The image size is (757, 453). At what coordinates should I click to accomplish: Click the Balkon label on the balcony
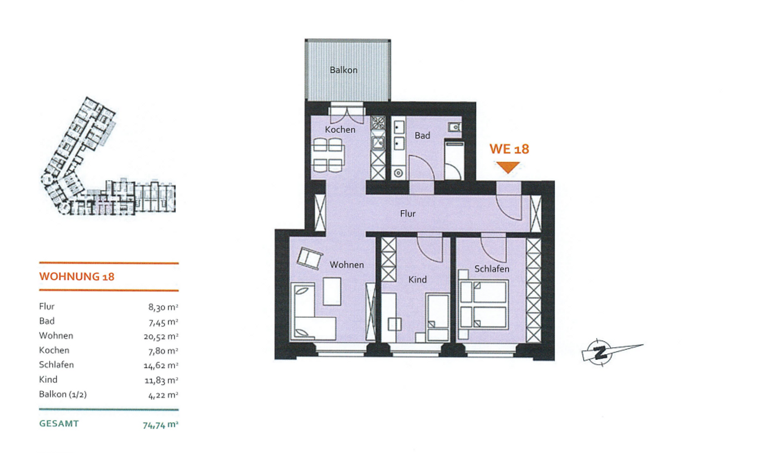coord(343,70)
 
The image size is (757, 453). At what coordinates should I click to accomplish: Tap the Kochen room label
coord(340,130)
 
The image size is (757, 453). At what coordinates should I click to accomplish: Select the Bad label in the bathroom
coord(422,136)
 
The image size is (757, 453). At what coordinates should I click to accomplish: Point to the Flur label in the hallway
coord(408,214)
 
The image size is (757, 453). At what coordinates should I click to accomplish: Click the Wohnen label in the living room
coord(347,265)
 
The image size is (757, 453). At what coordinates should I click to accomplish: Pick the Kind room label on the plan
coord(418,280)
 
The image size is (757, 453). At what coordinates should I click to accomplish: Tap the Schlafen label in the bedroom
coord(492,269)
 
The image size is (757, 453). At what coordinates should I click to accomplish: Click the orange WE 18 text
coord(509,149)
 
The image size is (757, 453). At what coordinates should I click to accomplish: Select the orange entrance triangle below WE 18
coord(508,167)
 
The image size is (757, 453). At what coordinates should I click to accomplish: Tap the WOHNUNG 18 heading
coord(77,276)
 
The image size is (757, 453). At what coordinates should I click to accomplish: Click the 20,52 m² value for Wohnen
coord(161,336)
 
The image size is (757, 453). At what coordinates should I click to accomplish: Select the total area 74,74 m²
coord(160,425)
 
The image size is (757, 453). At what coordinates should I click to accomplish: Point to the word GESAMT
coord(59,424)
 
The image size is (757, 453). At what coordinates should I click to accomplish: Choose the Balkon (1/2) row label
coord(63,394)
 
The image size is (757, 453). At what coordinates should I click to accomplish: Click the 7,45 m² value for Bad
coord(163,322)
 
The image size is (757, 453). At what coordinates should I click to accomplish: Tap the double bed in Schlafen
coord(483,304)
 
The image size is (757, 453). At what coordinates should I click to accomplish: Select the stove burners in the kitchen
coord(378,123)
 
